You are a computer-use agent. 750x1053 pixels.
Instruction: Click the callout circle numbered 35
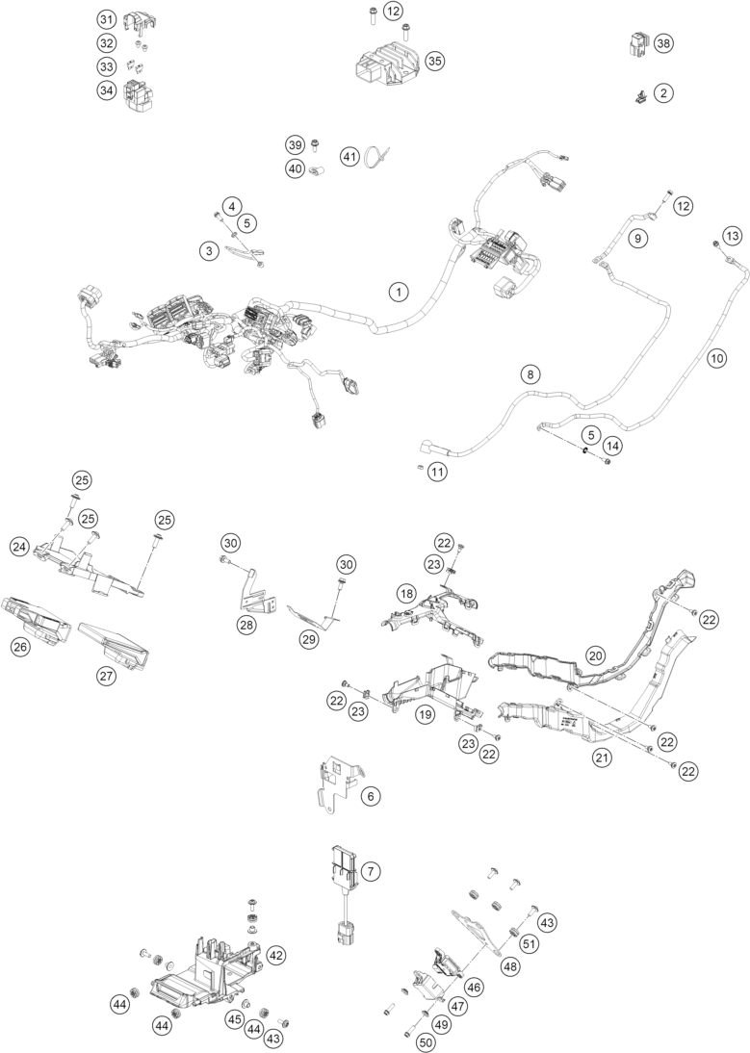coord(434,60)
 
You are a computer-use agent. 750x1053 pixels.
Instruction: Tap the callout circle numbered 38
coord(662,44)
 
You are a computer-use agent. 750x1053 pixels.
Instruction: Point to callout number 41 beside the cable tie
coord(349,155)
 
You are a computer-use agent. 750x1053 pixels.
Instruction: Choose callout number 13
coord(733,235)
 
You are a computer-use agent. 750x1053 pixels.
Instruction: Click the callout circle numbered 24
coord(19,546)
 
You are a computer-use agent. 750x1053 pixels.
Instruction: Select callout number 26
coord(20,647)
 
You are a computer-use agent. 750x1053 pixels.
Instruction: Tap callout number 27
coord(106,676)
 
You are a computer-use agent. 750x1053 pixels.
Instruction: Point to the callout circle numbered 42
coord(276,955)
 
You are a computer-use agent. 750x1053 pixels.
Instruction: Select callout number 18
coord(406,594)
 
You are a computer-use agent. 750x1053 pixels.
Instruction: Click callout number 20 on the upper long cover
coord(596,655)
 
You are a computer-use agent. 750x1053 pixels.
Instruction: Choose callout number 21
coord(602,758)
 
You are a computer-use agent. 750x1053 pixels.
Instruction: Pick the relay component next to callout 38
coord(635,43)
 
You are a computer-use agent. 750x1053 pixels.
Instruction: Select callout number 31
coord(106,19)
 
